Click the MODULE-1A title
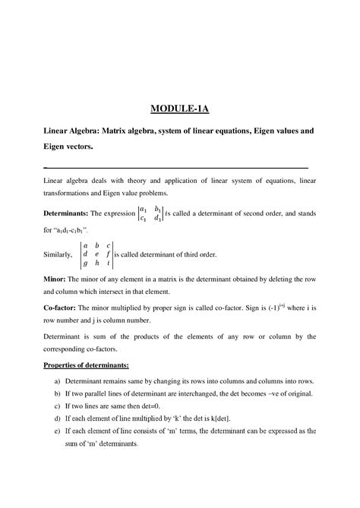click(179, 109)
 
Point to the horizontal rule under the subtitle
click(176, 167)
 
